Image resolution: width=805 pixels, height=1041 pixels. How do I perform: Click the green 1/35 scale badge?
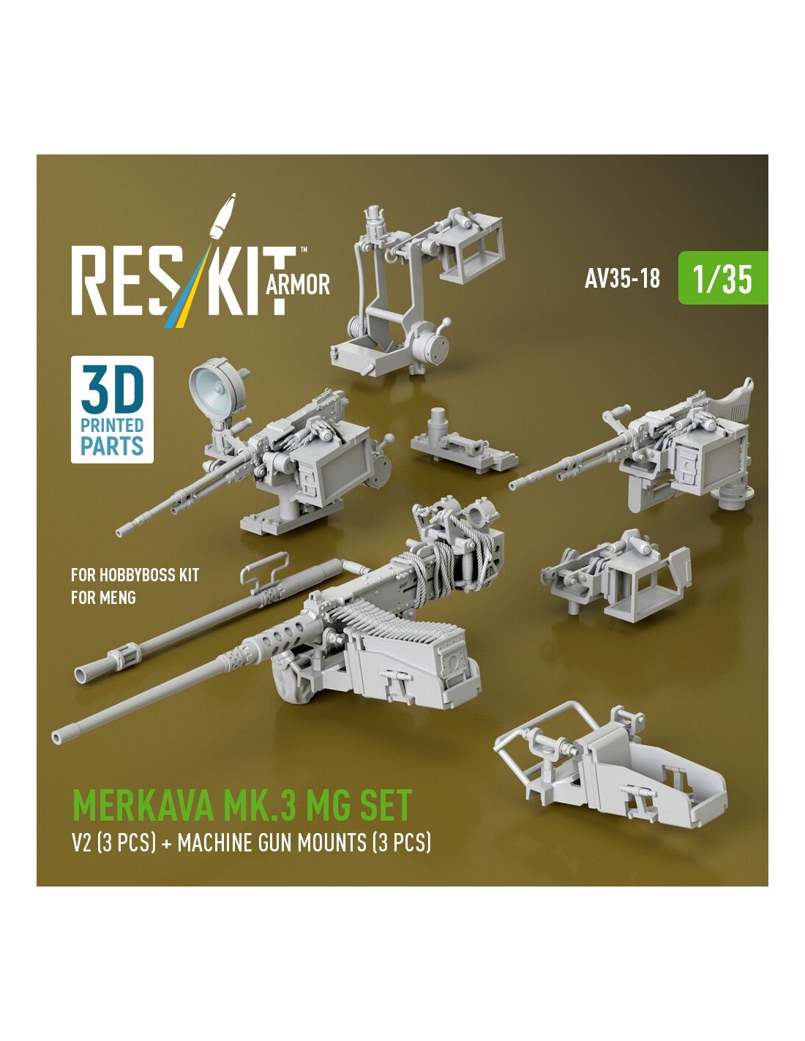(x=722, y=277)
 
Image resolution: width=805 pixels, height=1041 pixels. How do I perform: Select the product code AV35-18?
(x=621, y=278)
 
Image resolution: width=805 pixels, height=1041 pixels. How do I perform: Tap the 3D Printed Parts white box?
(x=112, y=409)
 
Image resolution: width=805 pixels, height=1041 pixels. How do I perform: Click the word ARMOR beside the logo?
(x=297, y=285)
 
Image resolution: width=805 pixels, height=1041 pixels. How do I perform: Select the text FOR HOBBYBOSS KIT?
(x=135, y=575)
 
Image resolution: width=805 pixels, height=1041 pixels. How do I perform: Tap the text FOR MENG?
(x=103, y=597)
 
